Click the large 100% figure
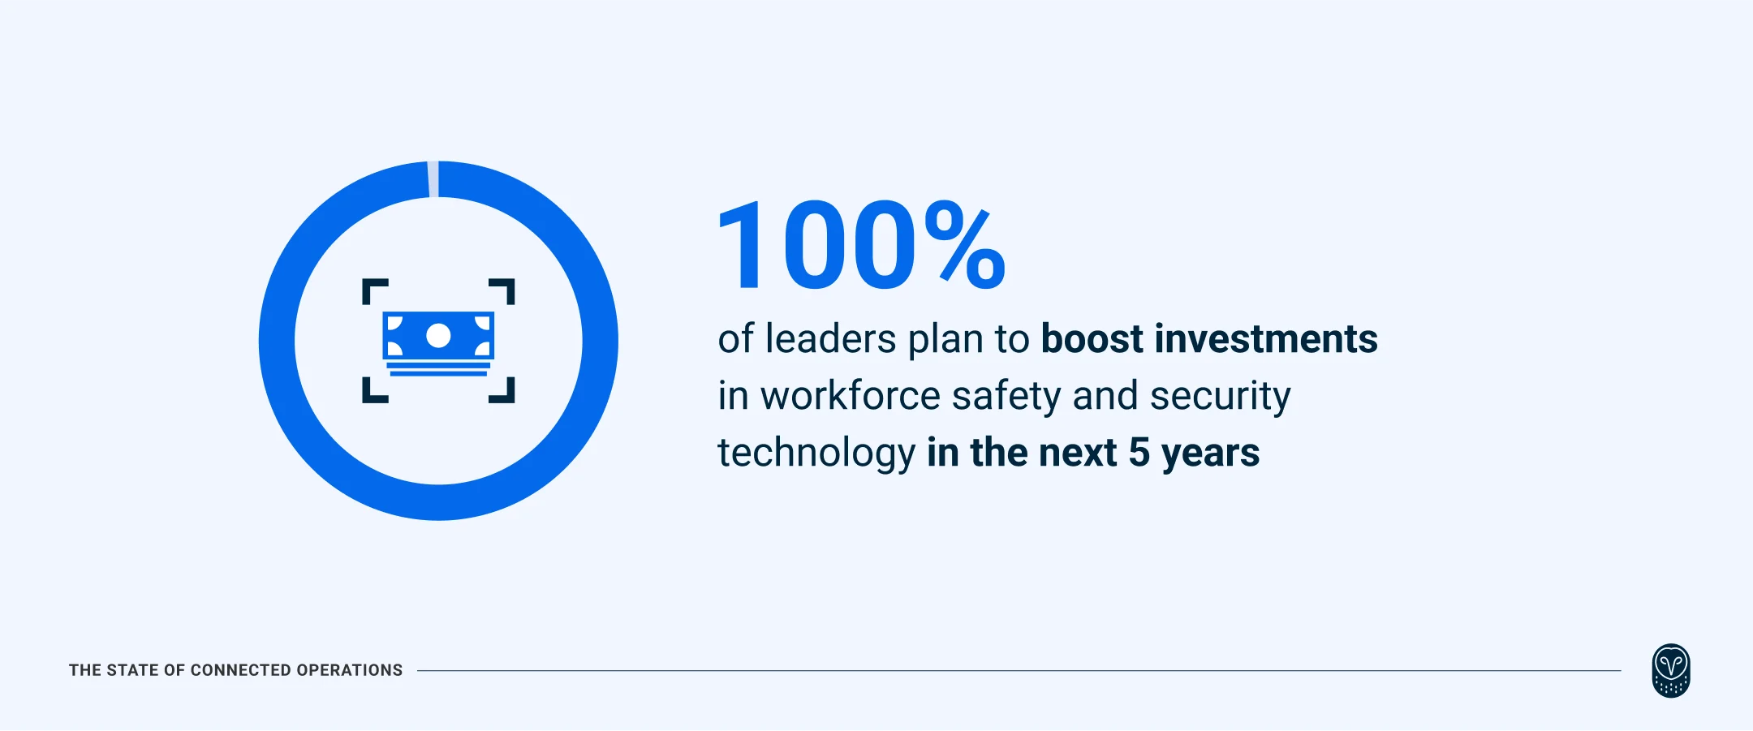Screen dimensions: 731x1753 click(x=860, y=246)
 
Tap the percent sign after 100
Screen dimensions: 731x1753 click(x=964, y=246)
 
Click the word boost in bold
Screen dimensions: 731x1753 click(x=1092, y=339)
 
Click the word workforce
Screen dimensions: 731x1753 click(x=851, y=396)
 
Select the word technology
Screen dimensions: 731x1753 click(x=816, y=454)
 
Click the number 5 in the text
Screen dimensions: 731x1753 click(x=1139, y=453)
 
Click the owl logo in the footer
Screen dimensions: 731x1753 click(x=1670, y=670)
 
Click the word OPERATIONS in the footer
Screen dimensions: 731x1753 click(x=349, y=670)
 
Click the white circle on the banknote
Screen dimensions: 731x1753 click(x=438, y=335)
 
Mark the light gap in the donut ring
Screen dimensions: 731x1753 click(x=433, y=178)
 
